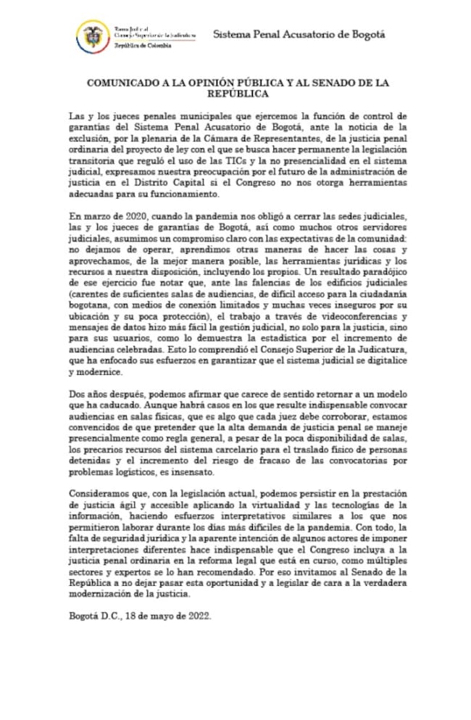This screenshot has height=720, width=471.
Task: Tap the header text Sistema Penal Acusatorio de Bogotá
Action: (x=299, y=34)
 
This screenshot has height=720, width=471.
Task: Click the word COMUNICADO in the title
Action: (x=127, y=83)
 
